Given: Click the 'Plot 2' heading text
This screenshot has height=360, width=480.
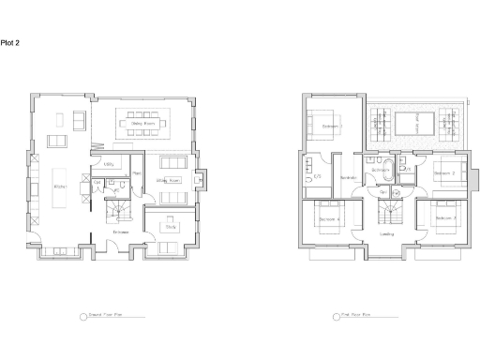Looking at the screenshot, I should (10, 43).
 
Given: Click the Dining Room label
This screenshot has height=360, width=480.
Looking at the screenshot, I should (142, 123).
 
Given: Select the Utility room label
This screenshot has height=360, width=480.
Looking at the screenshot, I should (109, 164).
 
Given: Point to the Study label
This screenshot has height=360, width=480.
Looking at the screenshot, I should (170, 226).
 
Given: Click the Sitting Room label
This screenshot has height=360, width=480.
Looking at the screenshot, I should (168, 180).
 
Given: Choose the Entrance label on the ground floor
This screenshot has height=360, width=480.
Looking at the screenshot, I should (121, 232).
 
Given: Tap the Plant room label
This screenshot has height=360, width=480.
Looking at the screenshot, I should (136, 174).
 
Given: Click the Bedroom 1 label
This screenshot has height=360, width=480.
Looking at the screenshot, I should (330, 126).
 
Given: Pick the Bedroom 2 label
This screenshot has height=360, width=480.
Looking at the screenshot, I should (444, 174).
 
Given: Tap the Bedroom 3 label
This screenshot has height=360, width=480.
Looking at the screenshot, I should (446, 218).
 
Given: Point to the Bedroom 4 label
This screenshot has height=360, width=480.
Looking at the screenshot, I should (327, 218).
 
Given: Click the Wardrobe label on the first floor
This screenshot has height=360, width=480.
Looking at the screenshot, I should (348, 177).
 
